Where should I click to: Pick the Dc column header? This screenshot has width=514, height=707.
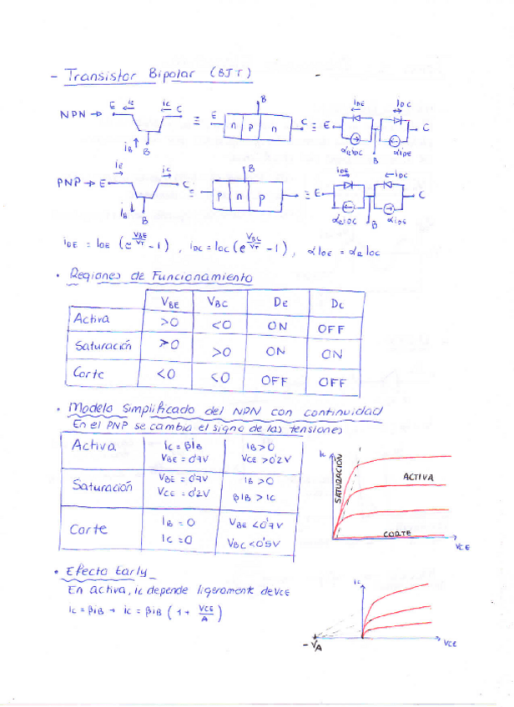[336, 303]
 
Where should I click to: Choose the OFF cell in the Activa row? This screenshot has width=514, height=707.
[332, 329]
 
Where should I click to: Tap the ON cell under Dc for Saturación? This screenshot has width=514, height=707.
[332, 353]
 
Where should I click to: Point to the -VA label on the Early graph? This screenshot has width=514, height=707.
[313, 646]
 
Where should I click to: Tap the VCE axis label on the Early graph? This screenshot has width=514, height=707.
[450, 644]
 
